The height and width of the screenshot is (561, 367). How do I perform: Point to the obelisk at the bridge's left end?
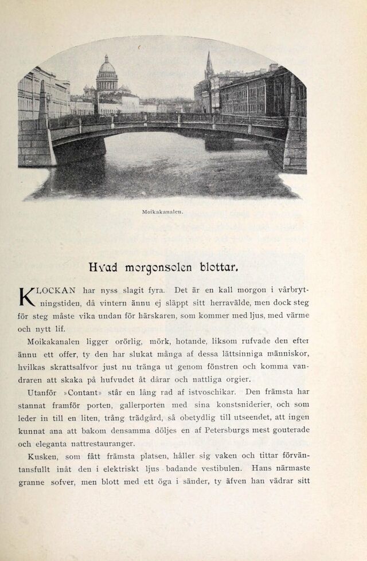pos(42,103)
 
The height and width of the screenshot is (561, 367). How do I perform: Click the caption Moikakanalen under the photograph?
pos(162,211)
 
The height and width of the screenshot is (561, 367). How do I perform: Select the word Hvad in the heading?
pos(103,267)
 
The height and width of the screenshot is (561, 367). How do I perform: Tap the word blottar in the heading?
pos(218,267)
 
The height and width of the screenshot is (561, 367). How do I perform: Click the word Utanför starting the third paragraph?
pos(43,393)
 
